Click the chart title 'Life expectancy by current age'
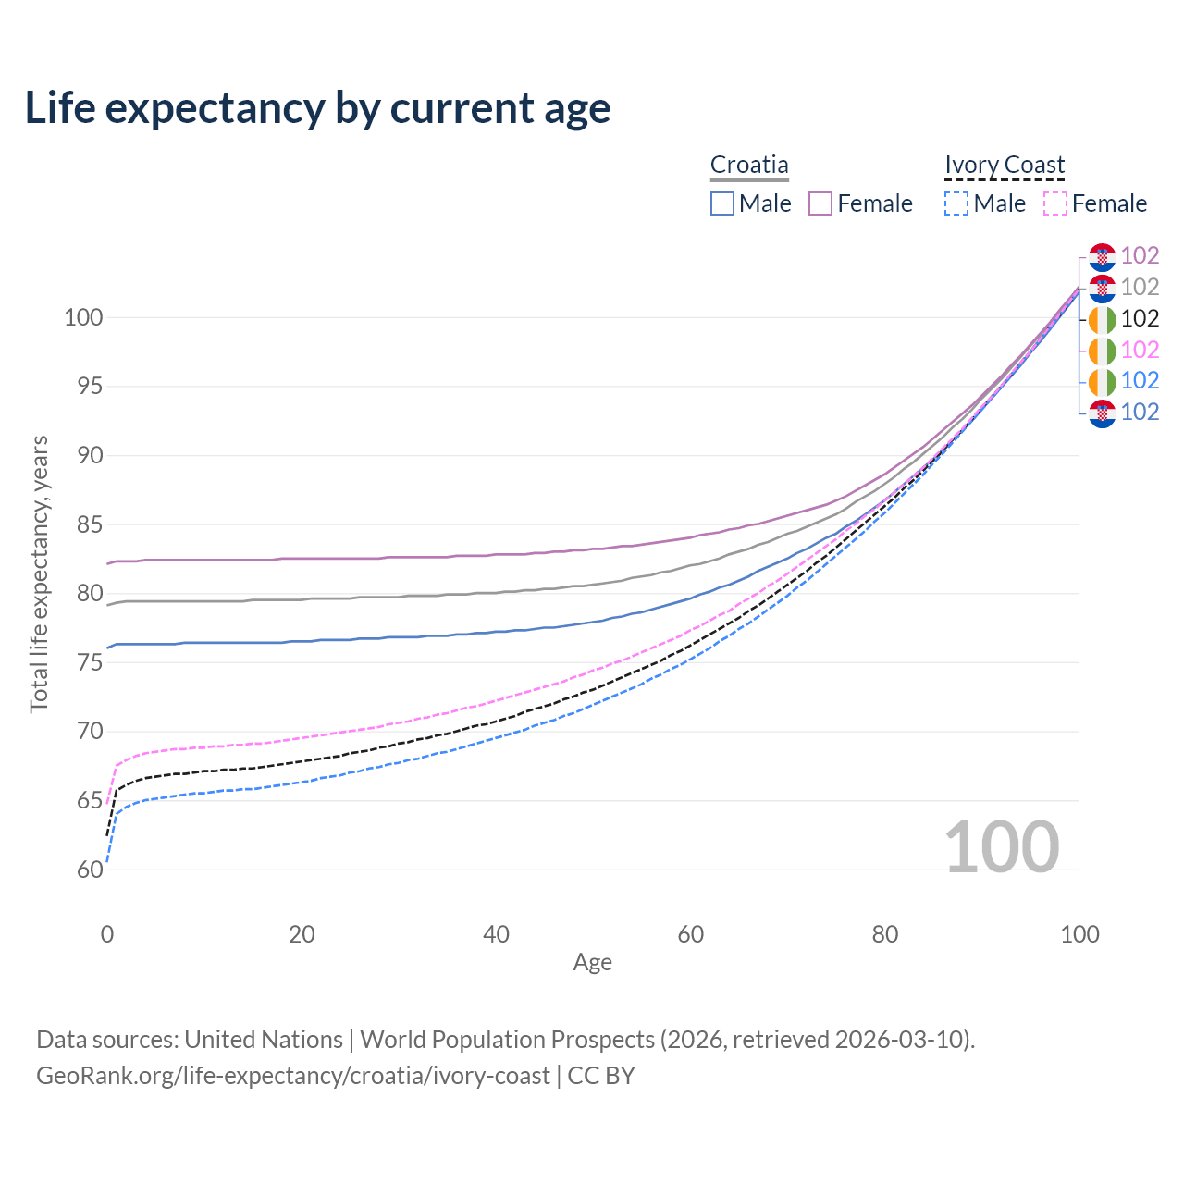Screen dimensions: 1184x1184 click(317, 108)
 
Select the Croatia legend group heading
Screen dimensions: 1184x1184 click(749, 165)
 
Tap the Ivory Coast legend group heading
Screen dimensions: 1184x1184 click(1005, 165)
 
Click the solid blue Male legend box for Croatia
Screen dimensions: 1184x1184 click(722, 203)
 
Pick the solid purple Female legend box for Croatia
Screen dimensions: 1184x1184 click(820, 203)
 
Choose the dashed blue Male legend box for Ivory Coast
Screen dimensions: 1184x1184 click(956, 203)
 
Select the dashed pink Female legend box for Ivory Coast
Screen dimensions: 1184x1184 click(1055, 203)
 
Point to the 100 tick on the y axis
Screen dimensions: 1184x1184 click(82, 317)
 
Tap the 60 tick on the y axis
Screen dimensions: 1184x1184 click(88, 869)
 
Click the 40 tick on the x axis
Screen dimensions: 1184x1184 click(497, 934)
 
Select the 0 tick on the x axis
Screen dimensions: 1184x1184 click(107, 934)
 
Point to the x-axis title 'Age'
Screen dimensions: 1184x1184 click(592, 963)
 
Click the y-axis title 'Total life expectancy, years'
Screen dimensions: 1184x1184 click(39, 573)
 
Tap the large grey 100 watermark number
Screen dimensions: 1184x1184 click(1002, 847)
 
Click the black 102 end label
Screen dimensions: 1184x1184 click(1140, 318)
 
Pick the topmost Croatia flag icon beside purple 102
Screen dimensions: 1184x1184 click(1102, 256)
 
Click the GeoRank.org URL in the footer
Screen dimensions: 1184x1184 click(293, 1076)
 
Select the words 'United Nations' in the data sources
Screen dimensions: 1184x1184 click(264, 1040)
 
